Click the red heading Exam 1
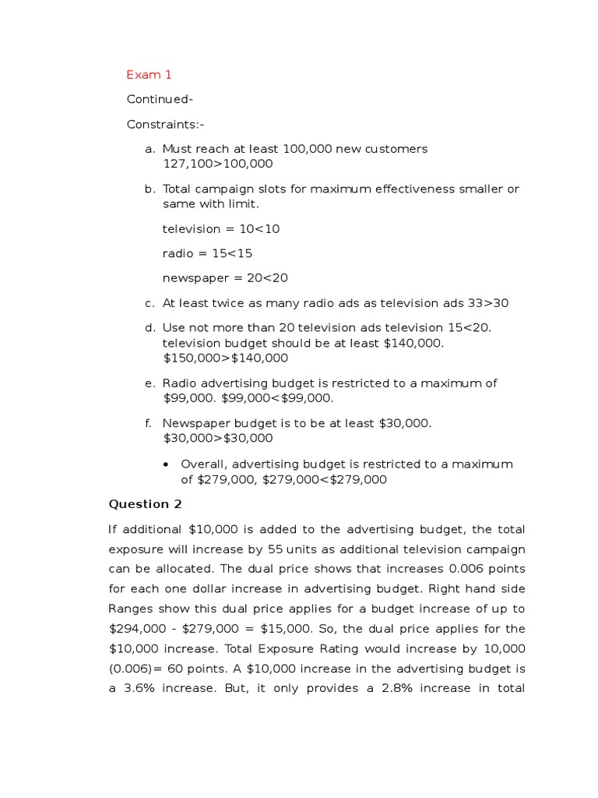(x=149, y=75)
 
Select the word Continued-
(x=160, y=100)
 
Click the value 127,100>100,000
(x=217, y=164)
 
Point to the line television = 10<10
(x=221, y=229)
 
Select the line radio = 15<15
(x=207, y=253)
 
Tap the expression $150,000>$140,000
(x=225, y=358)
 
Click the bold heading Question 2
(x=144, y=504)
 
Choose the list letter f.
(x=147, y=423)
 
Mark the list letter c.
(x=148, y=303)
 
